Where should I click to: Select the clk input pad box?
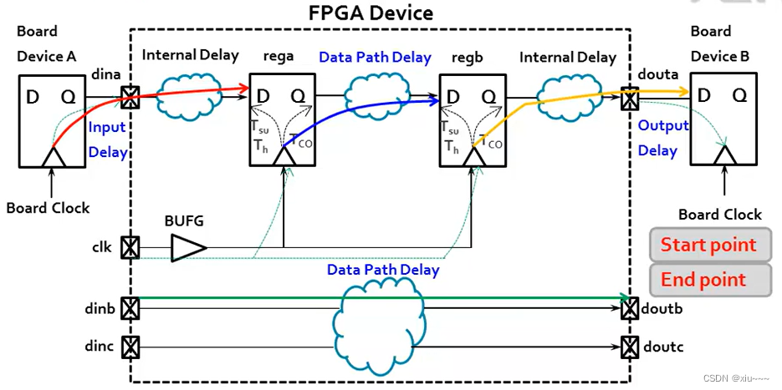[130, 248]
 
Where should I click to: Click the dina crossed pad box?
[130, 98]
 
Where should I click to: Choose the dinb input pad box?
[130, 308]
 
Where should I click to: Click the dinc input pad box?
[130, 345]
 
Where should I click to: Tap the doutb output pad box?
[629, 308]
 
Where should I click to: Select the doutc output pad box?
[629, 345]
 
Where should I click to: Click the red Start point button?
[709, 246]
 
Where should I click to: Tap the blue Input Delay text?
[108, 139]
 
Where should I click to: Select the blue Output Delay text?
[662, 138]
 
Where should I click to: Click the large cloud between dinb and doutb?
[378, 322]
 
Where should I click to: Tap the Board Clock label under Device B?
[719, 215]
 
